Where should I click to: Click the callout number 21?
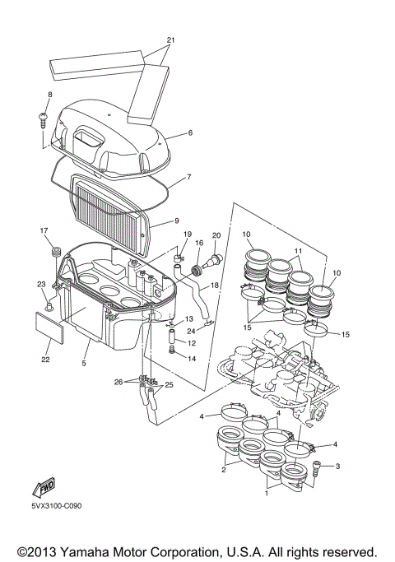tap(171, 39)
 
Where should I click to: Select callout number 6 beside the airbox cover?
tap(190, 132)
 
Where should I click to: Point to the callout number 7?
tap(189, 176)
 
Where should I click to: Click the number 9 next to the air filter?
tap(176, 221)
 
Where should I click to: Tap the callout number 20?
tap(217, 235)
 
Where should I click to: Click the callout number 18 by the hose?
tap(215, 285)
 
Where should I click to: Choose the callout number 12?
tap(192, 342)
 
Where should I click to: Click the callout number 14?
tap(192, 359)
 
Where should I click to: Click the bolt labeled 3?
tap(317, 467)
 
